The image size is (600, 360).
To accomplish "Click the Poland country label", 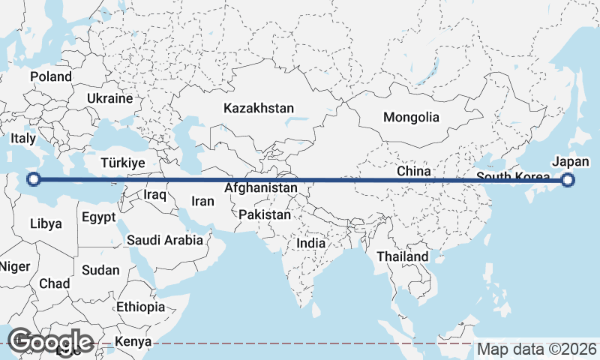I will [x=51, y=76].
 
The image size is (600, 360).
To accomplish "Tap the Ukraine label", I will [x=109, y=98].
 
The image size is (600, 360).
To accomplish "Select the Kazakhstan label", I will [x=259, y=108].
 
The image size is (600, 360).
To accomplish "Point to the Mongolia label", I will [x=411, y=117].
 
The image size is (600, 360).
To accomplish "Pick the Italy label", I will [x=23, y=139].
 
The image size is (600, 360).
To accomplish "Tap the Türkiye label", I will [x=124, y=163].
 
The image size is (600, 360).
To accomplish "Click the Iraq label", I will [x=154, y=194].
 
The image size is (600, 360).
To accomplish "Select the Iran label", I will [x=202, y=201].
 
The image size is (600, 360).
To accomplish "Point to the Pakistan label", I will [x=265, y=214].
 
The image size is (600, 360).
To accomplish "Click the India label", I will [x=311, y=243].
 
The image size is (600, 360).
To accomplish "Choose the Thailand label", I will [x=403, y=256].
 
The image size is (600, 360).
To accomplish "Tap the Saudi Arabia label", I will [x=165, y=240].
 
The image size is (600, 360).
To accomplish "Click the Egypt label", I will [x=98, y=218].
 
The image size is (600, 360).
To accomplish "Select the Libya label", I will [x=46, y=223].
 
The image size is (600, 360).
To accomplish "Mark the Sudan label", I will [x=100, y=270].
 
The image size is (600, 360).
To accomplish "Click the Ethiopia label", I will [x=140, y=307].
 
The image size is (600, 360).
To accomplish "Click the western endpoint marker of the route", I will [x=34, y=179].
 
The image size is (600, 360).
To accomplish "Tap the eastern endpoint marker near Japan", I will [x=568, y=180].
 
